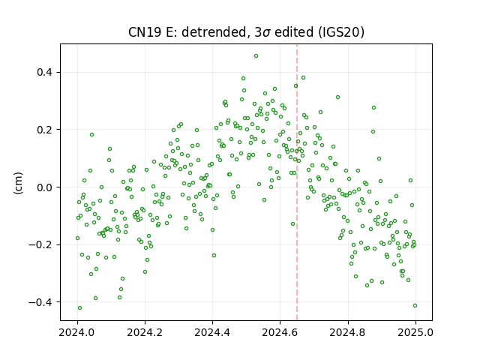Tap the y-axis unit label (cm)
click(x=18, y=183)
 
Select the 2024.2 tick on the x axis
click(x=145, y=332)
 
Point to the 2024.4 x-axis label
click(x=212, y=332)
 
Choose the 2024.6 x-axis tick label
click(x=280, y=332)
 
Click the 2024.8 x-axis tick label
click(x=347, y=332)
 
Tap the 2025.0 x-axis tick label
click(x=415, y=332)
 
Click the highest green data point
click(x=256, y=56)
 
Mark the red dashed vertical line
click(x=297, y=182)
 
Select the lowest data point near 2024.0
click(x=80, y=308)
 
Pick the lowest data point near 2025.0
click(x=415, y=306)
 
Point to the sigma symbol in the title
click(x=266, y=33)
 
